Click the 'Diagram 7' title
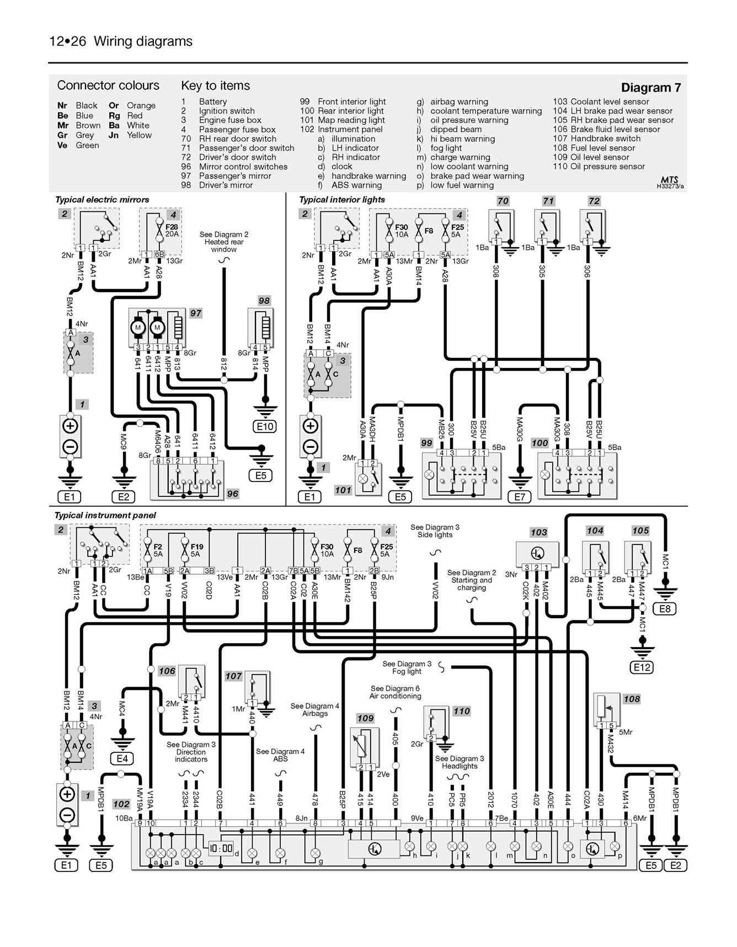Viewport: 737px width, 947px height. [650, 88]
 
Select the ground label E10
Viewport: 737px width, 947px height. [265, 426]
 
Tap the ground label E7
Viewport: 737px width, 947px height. [520, 497]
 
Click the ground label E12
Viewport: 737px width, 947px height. [642, 667]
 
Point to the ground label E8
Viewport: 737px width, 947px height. [665, 609]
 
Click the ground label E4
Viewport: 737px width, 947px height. [122, 758]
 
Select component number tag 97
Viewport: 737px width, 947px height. [195, 313]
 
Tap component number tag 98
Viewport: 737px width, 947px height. [264, 301]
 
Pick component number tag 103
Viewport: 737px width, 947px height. [538, 532]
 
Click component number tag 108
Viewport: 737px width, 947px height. [632, 699]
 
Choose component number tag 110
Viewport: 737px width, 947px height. [461, 711]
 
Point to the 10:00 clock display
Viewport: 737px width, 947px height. [220, 848]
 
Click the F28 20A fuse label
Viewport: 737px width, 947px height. [172, 230]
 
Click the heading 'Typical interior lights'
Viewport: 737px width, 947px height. [342, 200]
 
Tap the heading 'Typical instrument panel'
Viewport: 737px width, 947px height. [105, 515]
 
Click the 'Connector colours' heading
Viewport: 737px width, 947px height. [108, 85]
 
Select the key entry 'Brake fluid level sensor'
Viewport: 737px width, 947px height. [606, 129]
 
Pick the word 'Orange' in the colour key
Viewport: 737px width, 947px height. [141, 105]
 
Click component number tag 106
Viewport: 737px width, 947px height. [167, 671]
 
